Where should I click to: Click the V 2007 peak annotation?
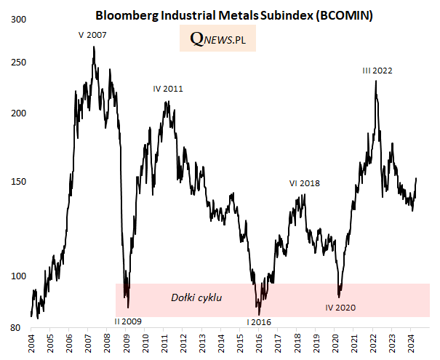click(x=92, y=34)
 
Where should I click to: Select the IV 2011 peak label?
click(x=168, y=89)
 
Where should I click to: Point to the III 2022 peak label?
click(x=377, y=71)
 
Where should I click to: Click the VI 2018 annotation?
click(x=305, y=183)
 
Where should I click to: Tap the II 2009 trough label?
click(x=129, y=321)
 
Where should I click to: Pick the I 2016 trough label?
click(x=258, y=321)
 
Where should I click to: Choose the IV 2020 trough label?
click(x=340, y=308)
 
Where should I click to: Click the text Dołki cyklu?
click(x=196, y=297)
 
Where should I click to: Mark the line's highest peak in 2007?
click(x=94, y=47)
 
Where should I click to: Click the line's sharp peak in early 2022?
click(x=375, y=80)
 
